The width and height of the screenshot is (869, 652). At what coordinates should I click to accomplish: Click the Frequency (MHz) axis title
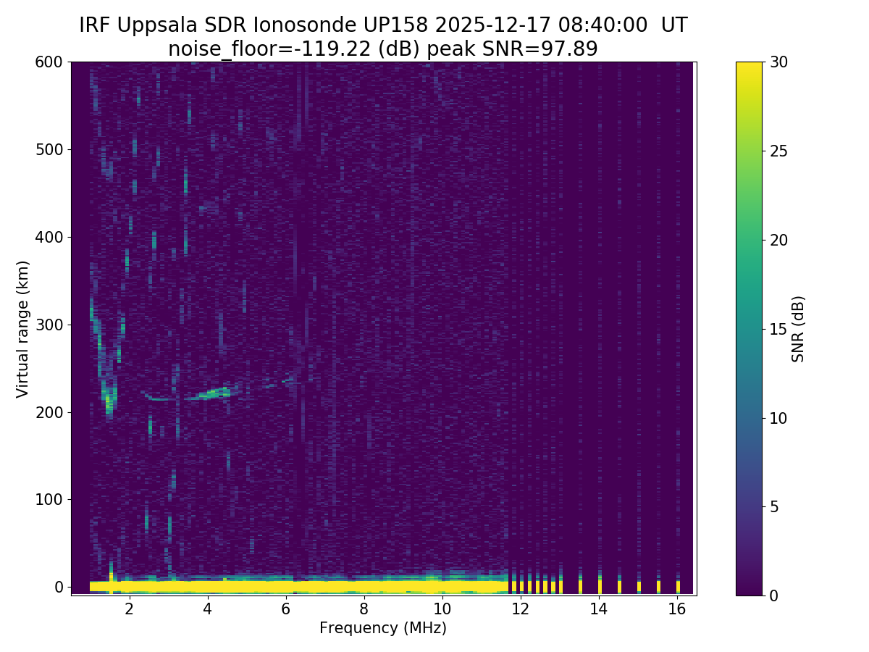click(383, 628)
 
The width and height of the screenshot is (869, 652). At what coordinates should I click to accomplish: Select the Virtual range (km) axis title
click(23, 329)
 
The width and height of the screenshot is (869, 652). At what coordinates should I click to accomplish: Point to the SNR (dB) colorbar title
click(798, 329)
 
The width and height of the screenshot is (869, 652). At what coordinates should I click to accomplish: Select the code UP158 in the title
click(405, 25)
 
